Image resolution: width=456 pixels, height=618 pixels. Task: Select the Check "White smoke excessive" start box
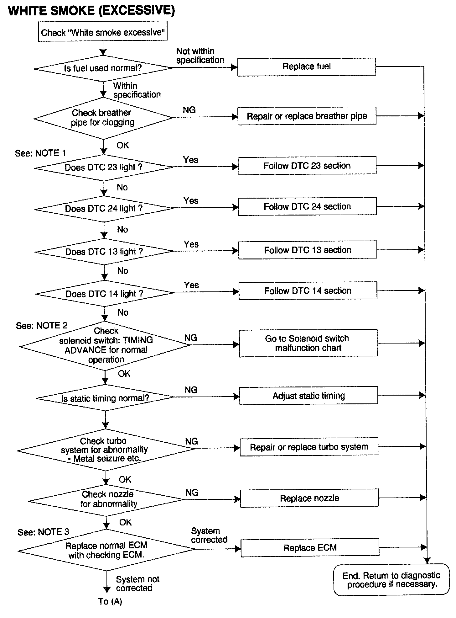coord(103,31)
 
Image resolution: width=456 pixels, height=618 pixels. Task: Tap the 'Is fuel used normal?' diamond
coord(103,68)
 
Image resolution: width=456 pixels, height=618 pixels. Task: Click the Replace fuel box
coord(307,67)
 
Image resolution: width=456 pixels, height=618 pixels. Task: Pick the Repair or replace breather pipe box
coord(307,116)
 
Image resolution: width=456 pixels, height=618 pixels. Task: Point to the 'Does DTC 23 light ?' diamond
coord(103,168)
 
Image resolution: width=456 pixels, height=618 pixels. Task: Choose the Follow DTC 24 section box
coord(307,206)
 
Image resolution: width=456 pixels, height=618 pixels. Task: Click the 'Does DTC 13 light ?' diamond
coord(104,252)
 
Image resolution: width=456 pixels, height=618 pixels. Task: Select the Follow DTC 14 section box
coord(308,291)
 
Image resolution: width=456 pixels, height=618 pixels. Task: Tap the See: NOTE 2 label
coord(42,326)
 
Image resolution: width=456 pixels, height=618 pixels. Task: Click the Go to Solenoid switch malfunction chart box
coord(308,343)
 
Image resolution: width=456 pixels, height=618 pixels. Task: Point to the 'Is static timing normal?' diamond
coord(105,398)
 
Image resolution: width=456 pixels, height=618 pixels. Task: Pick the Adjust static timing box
coord(308,396)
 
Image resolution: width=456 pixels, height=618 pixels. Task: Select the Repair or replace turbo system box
coord(309,447)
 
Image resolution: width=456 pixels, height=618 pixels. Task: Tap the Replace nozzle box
coord(309,498)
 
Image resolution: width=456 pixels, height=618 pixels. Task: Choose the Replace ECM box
coord(310,548)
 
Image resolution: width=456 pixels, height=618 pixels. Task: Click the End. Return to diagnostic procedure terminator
coord(391,580)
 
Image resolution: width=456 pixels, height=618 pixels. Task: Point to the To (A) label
coord(110,601)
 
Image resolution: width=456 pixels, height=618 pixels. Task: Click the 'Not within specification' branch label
coord(200,56)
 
